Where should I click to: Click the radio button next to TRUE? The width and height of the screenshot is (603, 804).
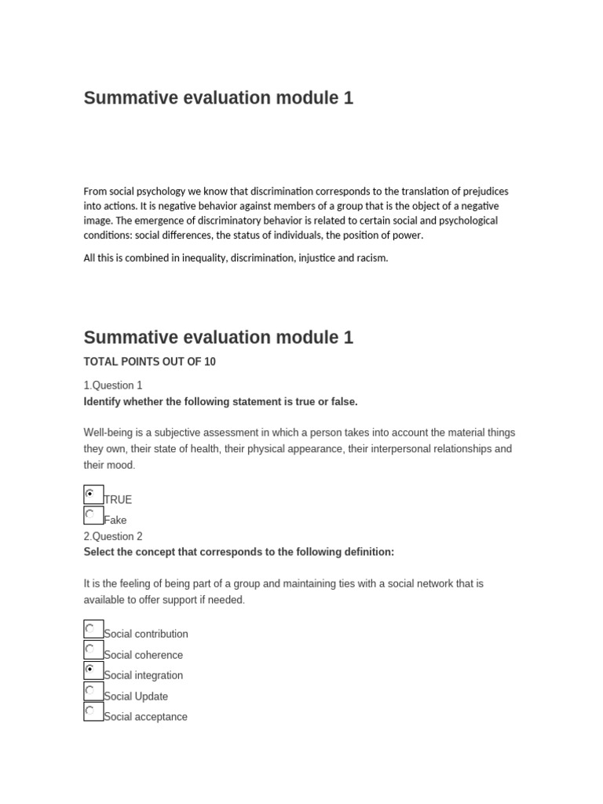[x=90, y=494]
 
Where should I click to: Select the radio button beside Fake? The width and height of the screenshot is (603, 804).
[x=90, y=514]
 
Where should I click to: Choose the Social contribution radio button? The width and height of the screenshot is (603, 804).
[x=90, y=629]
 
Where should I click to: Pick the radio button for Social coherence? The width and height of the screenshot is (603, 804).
[x=90, y=649]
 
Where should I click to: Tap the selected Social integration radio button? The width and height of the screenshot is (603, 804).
[x=90, y=670]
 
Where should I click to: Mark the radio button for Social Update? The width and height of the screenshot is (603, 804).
[x=90, y=691]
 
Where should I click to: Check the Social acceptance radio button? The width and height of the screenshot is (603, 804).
[x=90, y=711]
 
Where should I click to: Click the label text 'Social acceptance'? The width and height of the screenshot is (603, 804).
[x=145, y=717]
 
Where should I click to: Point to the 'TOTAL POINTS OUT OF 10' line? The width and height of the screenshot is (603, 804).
[x=149, y=362]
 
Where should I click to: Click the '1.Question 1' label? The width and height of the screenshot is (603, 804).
[x=113, y=386]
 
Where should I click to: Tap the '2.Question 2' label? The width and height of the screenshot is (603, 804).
[x=113, y=536]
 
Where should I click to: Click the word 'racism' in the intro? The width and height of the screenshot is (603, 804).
[x=371, y=258]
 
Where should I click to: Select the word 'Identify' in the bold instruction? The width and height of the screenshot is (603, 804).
[x=104, y=402]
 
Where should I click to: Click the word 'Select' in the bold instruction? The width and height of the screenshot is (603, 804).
[x=100, y=552]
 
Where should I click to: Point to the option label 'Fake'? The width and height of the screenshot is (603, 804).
[x=115, y=520]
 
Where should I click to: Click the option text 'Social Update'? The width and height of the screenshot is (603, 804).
[x=136, y=696]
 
